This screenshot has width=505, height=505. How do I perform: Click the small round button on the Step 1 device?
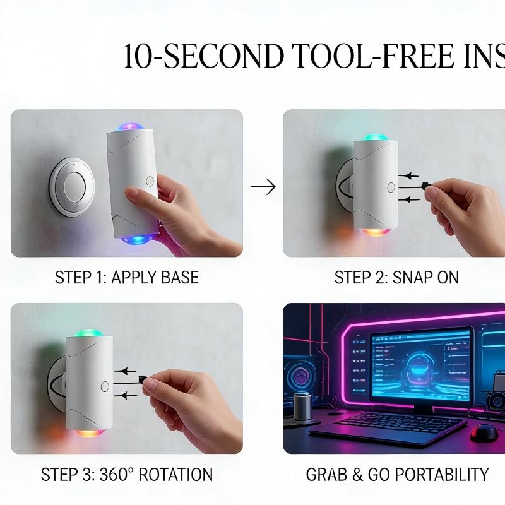click(150, 181)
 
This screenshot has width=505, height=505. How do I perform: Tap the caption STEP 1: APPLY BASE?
click(126, 277)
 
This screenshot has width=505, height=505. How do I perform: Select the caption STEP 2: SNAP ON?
click(396, 277)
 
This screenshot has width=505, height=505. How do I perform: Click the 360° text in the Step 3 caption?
click(114, 475)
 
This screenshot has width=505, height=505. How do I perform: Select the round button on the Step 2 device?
click(391, 187)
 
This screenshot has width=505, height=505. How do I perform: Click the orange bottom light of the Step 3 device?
click(89, 432)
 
